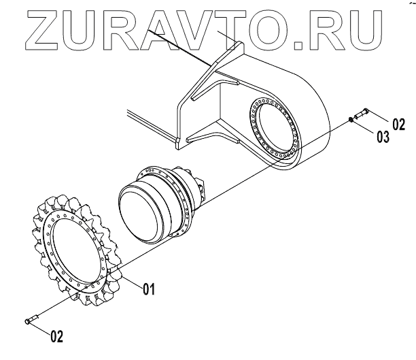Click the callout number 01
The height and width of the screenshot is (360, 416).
pyautogui.click(x=149, y=289)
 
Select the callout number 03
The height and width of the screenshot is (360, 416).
pyautogui.click(x=383, y=137)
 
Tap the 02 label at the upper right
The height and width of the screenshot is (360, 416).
pyautogui.click(x=398, y=124)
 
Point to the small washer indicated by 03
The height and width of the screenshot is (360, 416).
pyautogui.click(x=350, y=120)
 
